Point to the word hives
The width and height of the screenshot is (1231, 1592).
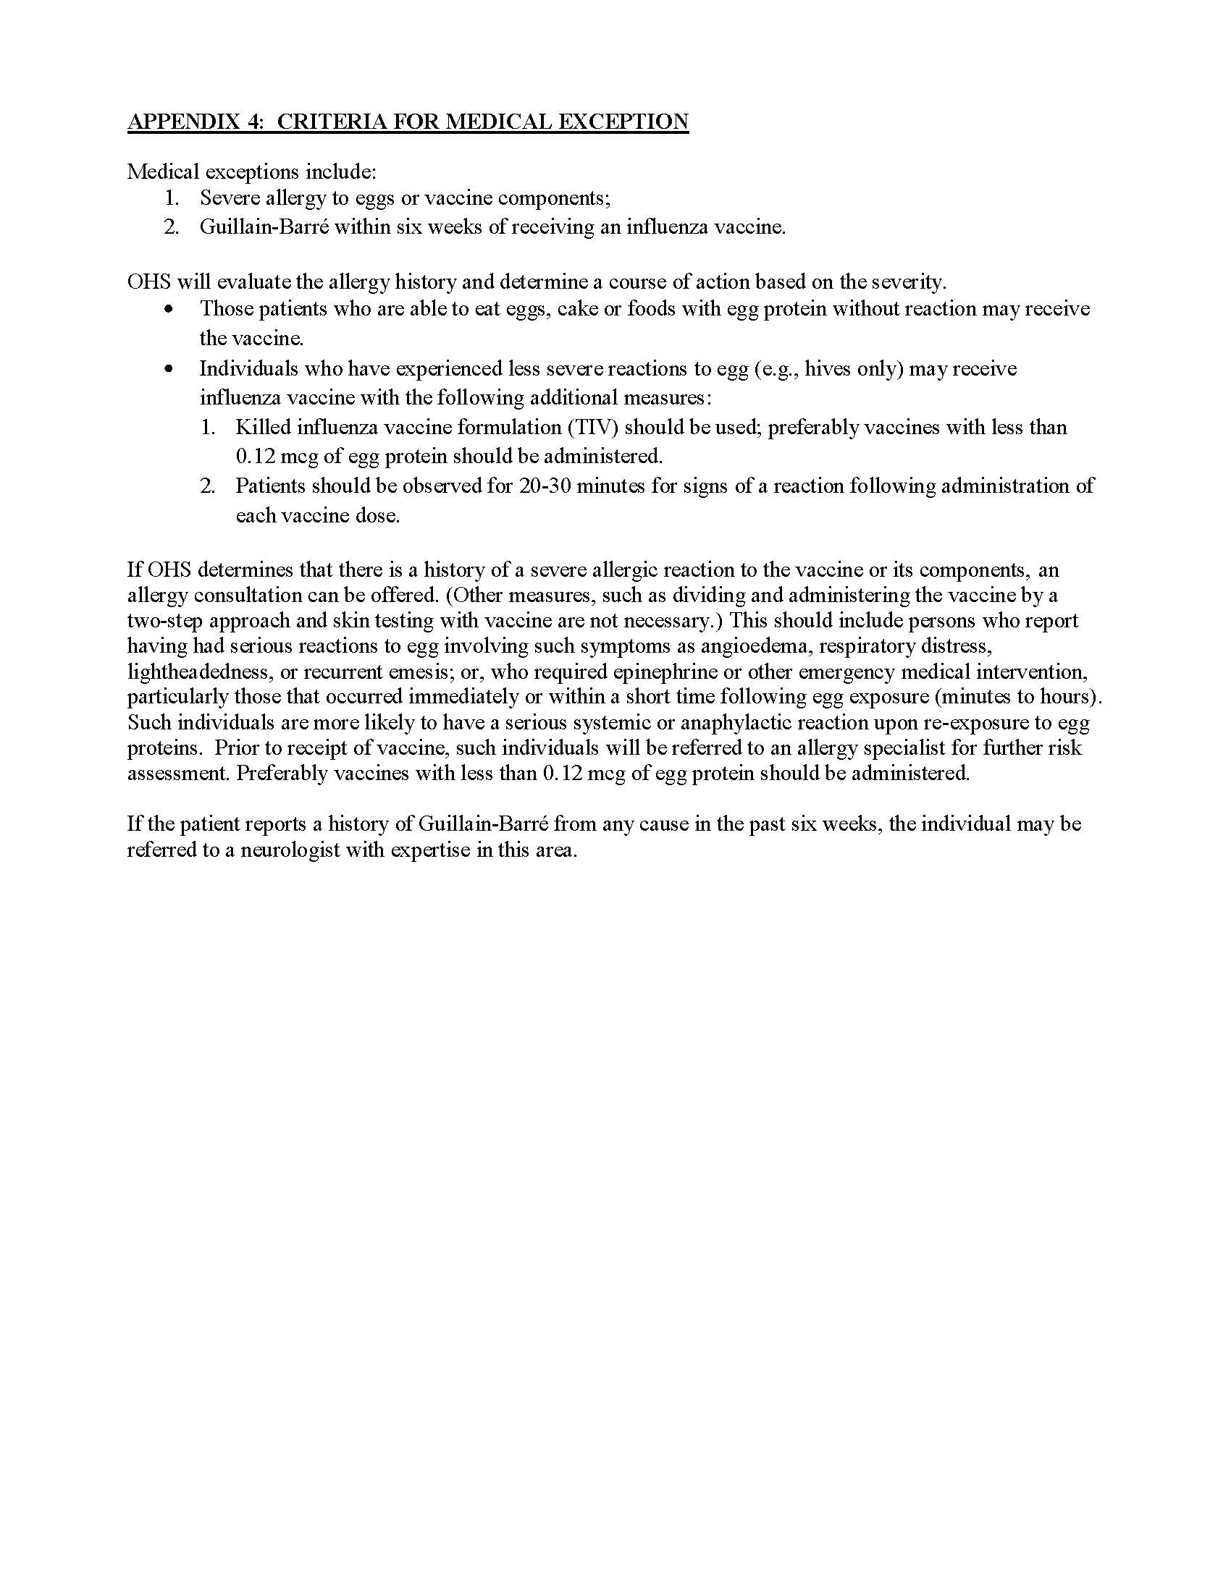pyautogui.click(x=828, y=369)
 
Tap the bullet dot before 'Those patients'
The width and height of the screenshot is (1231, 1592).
pyautogui.click(x=169, y=310)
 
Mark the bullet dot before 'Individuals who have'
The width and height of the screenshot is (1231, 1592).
pyautogui.click(x=169, y=370)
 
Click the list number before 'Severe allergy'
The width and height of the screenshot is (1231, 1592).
pyautogui.click(x=172, y=198)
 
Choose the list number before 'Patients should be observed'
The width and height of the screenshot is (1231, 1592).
pyautogui.click(x=208, y=486)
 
